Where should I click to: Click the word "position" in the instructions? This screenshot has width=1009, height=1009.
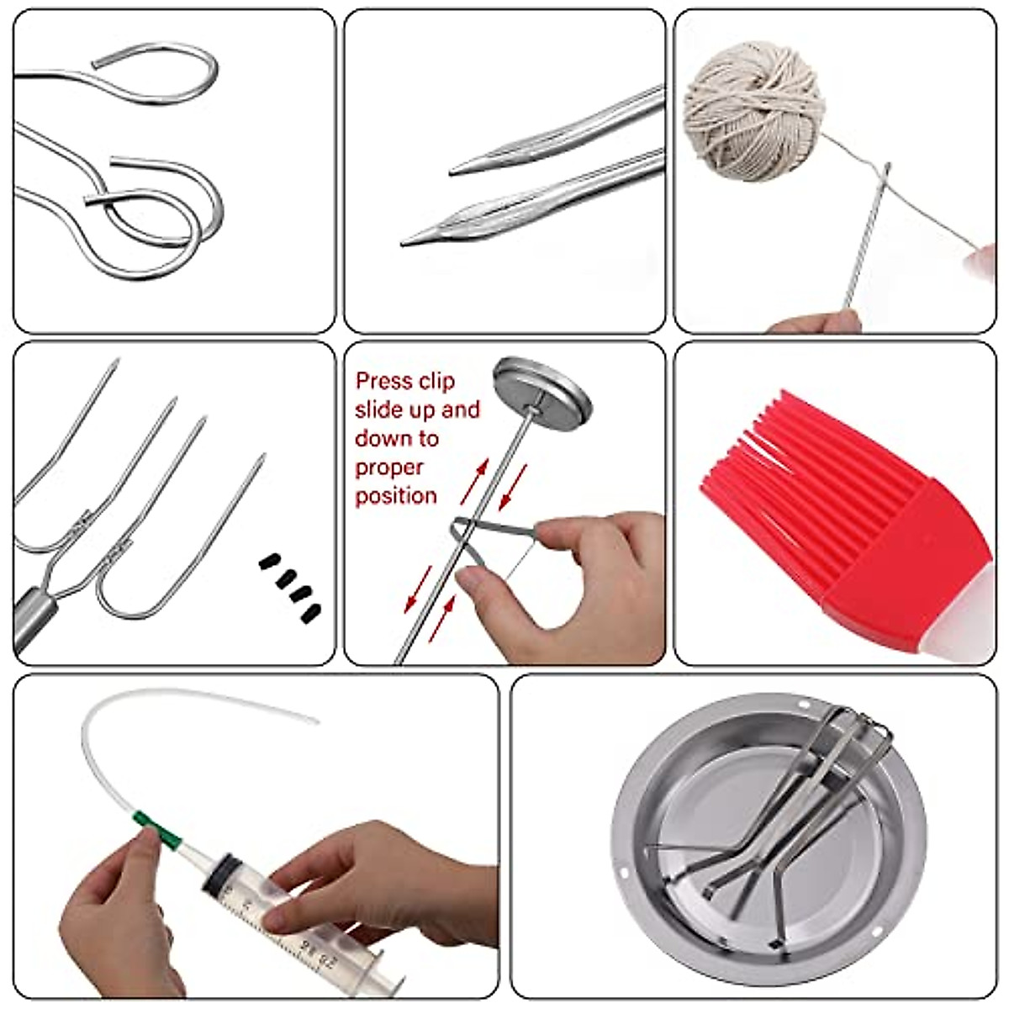[395, 495]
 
